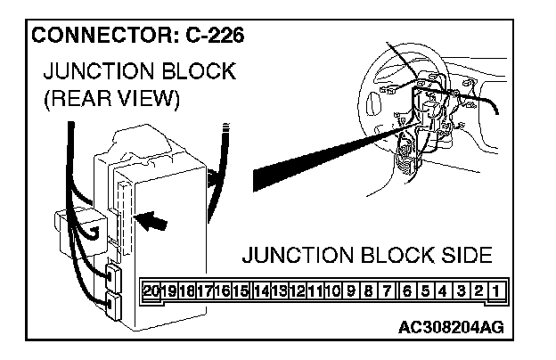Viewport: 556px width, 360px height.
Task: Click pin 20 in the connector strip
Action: (x=151, y=290)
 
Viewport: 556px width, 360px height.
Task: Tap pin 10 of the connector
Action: (x=333, y=290)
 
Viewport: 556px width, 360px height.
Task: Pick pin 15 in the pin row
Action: (x=241, y=290)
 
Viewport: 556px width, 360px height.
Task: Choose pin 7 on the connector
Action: (x=388, y=290)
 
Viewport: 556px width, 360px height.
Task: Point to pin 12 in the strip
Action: (x=297, y=290)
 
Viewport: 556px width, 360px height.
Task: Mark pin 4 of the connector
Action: (x=443, y=290)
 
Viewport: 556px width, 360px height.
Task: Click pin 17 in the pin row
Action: (x=204, y=290)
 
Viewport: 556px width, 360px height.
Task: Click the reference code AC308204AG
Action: (x=451, y=326)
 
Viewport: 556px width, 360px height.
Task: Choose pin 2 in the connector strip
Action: (x=478, y=290)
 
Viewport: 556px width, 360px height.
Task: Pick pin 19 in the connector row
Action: (x=168, y=290)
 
